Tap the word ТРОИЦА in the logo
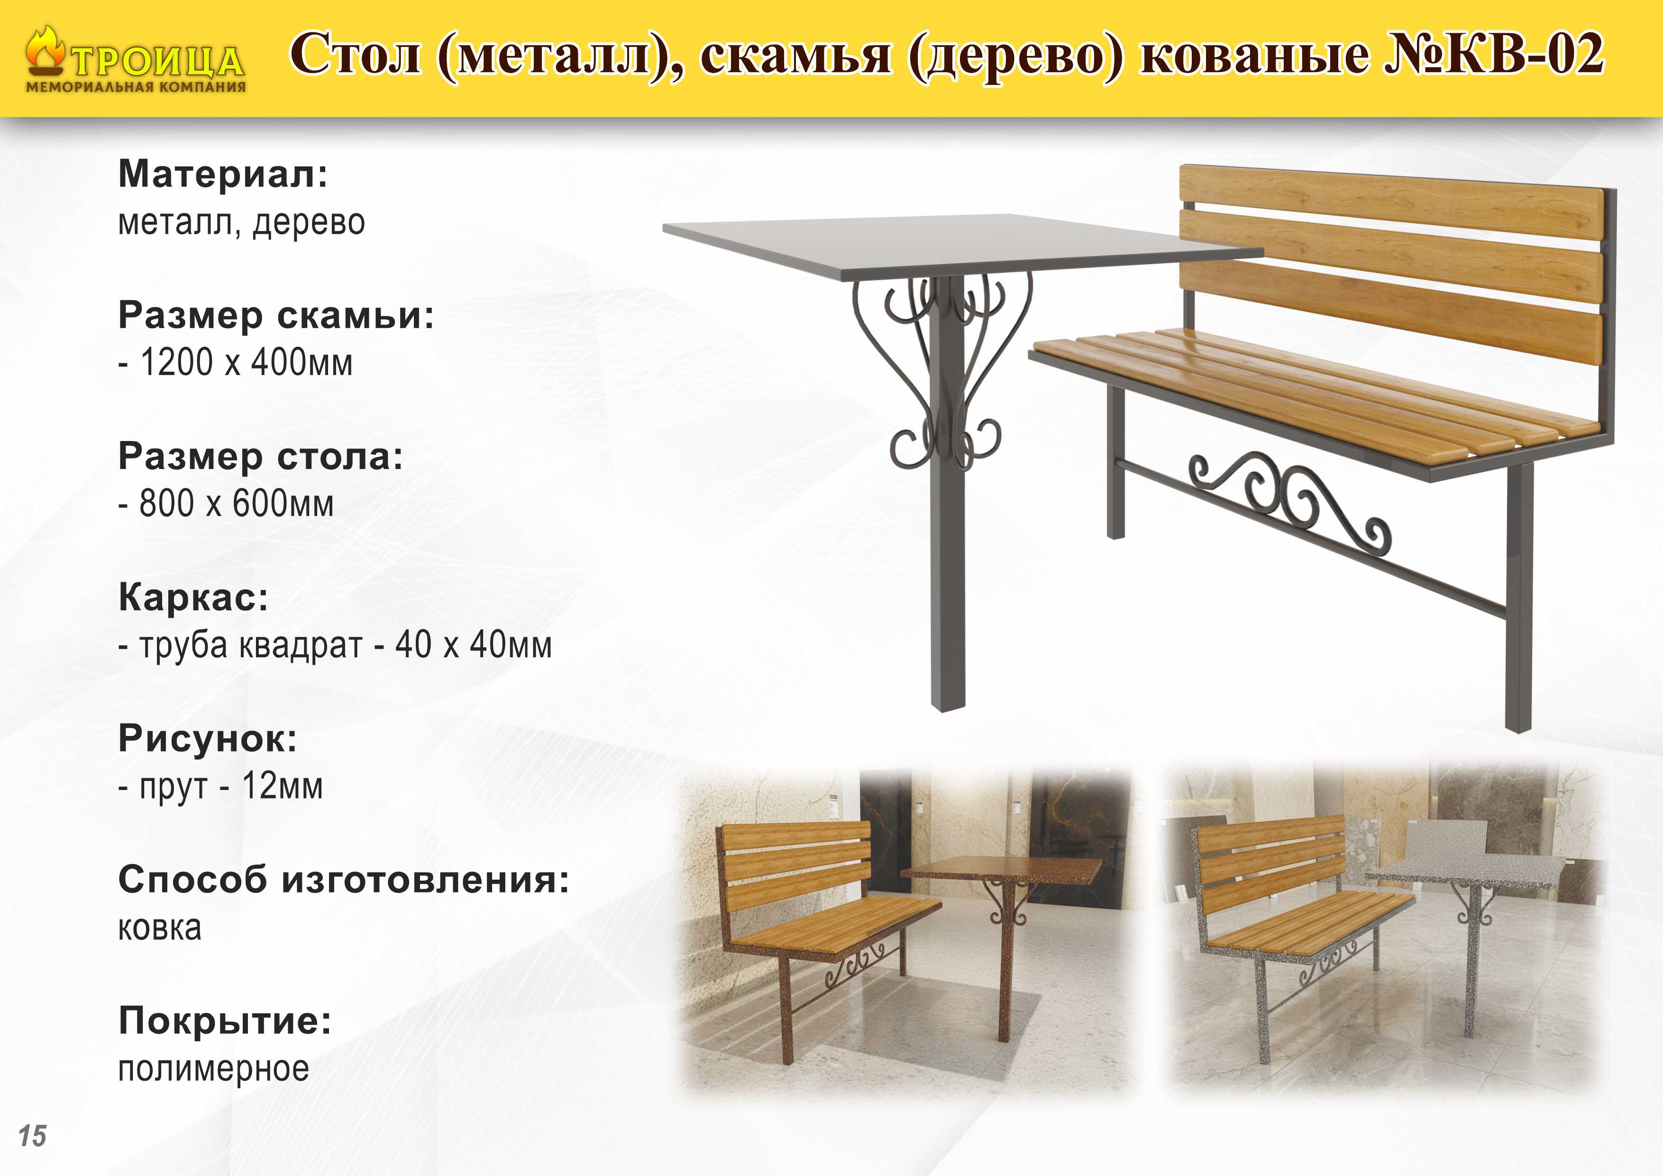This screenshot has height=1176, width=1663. click(x=158, y=61)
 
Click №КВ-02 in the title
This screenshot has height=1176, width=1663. click(x=1493, y=53)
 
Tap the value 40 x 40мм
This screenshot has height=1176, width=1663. click(x=474, y=644)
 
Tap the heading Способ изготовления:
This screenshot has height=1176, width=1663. click(x=344, y=880)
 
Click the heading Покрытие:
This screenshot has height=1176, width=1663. click(x=225, y=1021)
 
